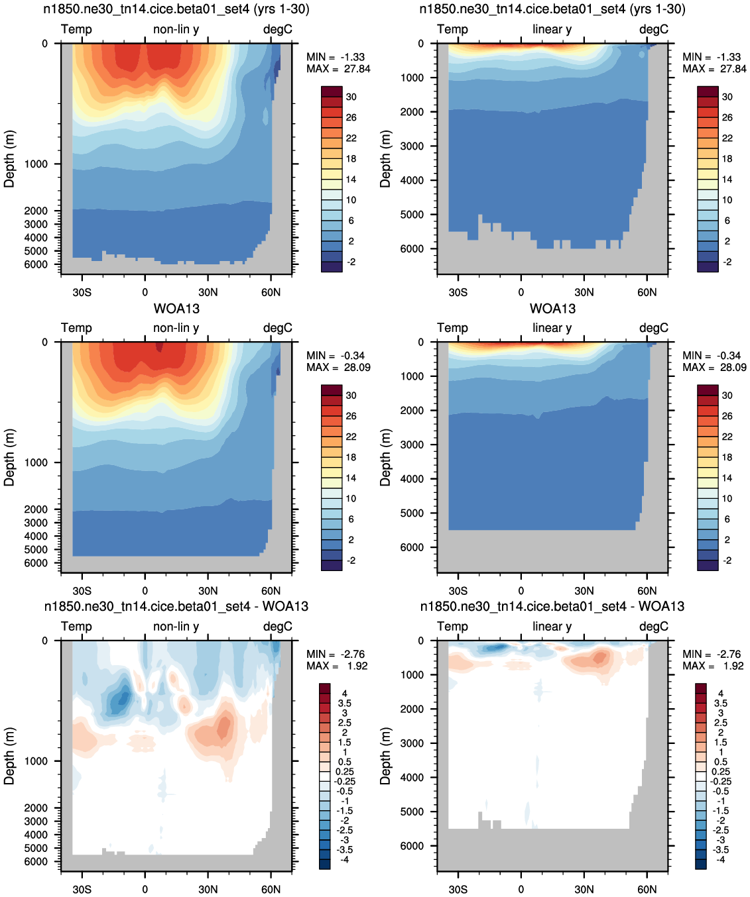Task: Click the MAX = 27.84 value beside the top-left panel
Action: click(338, 69)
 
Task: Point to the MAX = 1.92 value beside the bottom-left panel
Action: click(337, 666)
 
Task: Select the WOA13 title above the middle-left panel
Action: click(176, 309)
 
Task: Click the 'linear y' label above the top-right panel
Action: click(552, 29)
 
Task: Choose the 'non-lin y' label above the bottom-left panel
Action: click(176, 626)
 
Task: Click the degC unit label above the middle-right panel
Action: click(654, 328)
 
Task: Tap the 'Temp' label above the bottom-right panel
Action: click(452, 626)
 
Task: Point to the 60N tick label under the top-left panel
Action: click(271, 292)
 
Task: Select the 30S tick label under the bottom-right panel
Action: click(458, 889)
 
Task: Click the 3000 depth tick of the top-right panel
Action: click(412, 146)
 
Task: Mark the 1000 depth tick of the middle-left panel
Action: click(36, 462)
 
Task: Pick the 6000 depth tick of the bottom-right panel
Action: click(412, 846)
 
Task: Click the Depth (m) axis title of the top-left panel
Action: click(9, 159)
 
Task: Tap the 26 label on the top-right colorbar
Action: click(727, 117)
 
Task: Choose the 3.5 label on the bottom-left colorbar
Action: click(344, 704)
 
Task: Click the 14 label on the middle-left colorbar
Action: click(351, 478)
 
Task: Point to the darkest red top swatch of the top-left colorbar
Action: click(332, 91)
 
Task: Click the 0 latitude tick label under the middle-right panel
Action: click(521, 591)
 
